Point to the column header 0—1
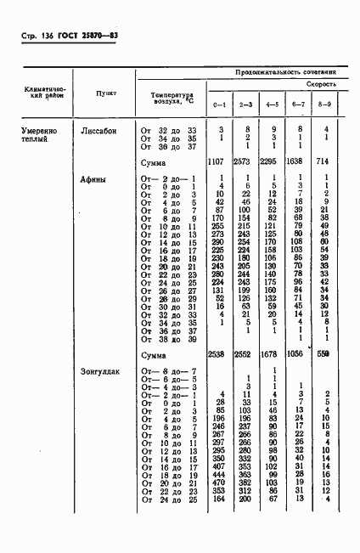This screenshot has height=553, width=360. tap(220, 105)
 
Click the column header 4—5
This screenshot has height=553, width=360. tap(273, 105)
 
